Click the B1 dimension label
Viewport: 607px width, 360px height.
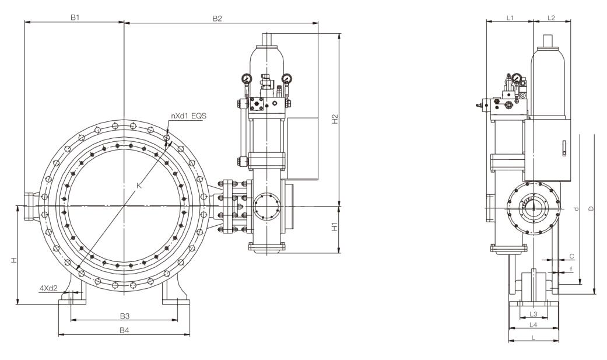(75, 18)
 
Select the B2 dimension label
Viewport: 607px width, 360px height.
(217, 18)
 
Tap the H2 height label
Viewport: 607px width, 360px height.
(335, 119)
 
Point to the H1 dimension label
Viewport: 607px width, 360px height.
(335, 227)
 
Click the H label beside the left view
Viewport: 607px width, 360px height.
(13, 260)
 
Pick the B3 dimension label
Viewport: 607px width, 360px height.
(124, 316)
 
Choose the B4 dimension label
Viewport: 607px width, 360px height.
(124, 330)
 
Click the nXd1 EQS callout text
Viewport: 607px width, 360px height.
(188, 116)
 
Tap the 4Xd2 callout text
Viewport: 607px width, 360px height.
(49, 288)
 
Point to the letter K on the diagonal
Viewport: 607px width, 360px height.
(139, 186)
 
